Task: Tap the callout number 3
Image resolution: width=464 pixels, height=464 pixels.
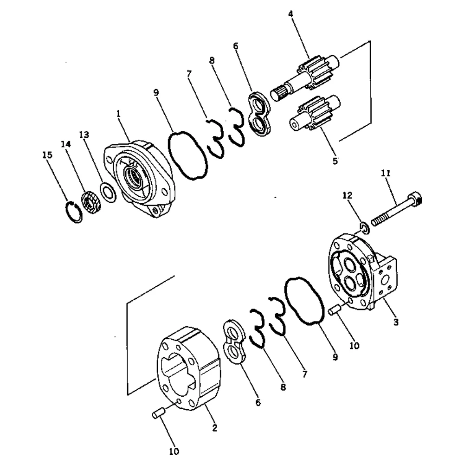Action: (x=395, y=322)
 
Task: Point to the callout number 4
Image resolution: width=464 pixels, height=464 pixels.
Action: (x=290, y=14)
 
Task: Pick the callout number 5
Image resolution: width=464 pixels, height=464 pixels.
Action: (x=335, y=161)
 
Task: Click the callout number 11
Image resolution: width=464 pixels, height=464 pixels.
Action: (x=386, y=174)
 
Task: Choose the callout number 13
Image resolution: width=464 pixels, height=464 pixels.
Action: (x=84, y=135)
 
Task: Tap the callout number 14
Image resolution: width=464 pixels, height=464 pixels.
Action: (x=65, y=144)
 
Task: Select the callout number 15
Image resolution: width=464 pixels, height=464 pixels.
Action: (x=47, y=155)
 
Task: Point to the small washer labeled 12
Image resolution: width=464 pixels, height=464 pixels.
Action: (x=366, y=227)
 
